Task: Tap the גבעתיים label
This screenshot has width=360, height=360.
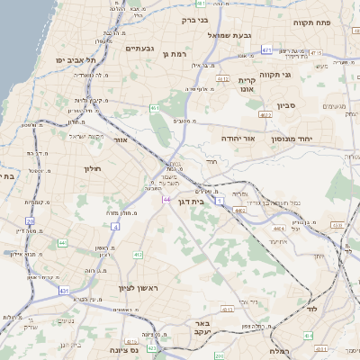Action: [x=141, y=49]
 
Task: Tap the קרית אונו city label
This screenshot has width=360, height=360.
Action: [x=247, y=85]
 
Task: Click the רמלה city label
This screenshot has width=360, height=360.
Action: [x=279, y=352]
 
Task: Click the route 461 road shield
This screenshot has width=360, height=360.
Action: [x=155, y=109]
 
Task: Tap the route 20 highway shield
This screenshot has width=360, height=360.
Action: [x=30, y=220]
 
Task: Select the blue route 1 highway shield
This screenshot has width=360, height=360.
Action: [x=218, y=200]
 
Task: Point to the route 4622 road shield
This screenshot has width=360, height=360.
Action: [x=265, y=115]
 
